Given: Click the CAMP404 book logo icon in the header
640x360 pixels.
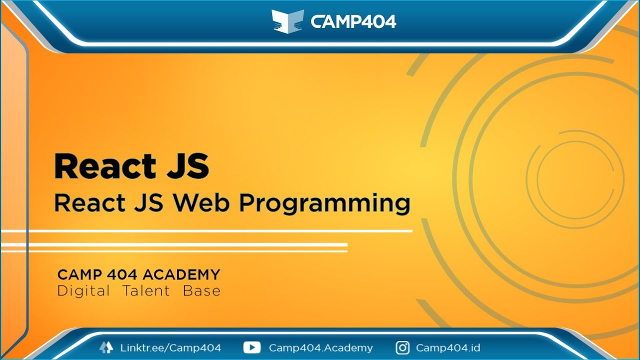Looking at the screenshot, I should pos(288,21).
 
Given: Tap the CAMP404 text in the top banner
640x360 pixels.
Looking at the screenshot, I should pos(353,21).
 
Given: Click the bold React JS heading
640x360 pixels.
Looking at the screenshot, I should pos(131,166).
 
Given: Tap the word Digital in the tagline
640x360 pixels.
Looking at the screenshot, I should pos(83,291).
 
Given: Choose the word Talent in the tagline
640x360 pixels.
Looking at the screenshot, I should pos(146,291).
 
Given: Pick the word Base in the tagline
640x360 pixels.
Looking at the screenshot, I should pos(201,291).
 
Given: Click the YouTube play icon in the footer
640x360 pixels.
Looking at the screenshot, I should pos(252,347).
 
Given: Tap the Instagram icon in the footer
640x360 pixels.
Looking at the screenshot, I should pos(402,347).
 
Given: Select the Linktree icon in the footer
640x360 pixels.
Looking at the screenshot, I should pos(106,347).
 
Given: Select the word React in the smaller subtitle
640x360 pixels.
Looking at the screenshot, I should pos(89,203).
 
